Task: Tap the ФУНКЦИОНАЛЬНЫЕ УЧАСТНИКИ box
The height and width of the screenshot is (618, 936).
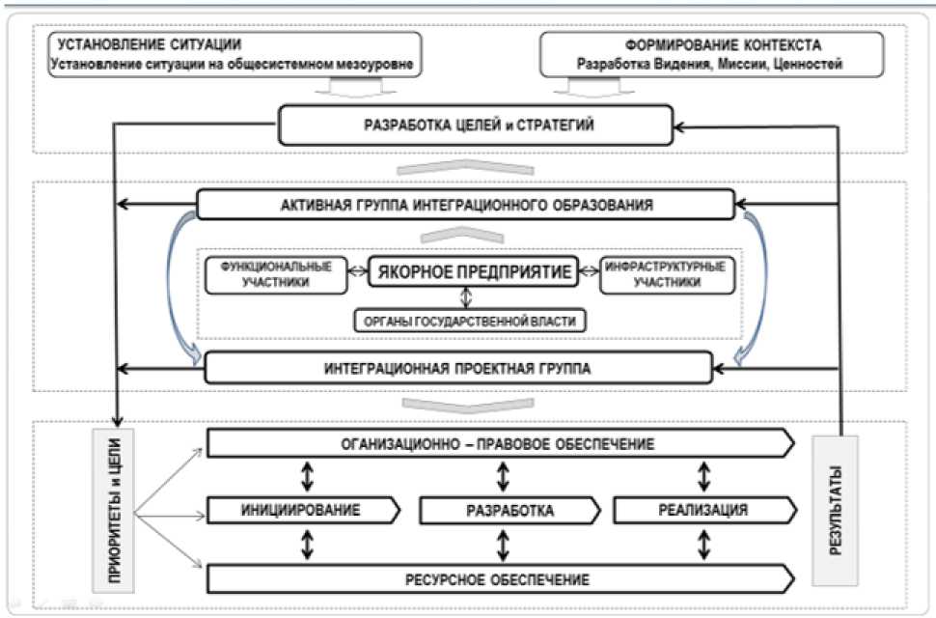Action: (x=275, y=275)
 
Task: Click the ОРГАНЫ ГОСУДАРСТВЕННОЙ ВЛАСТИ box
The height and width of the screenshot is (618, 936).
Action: (x=469, y=320)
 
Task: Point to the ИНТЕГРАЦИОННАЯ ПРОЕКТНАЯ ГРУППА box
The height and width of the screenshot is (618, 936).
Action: (x=457, y=367)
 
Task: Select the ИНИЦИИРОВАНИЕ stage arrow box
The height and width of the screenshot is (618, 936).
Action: (x=300, y=509)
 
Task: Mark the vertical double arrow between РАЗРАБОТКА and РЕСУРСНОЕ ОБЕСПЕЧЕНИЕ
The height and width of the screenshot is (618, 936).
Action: (x=502, y=545)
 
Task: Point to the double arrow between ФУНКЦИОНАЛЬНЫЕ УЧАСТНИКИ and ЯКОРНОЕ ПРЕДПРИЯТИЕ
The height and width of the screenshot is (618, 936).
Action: (x=359, y=272)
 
